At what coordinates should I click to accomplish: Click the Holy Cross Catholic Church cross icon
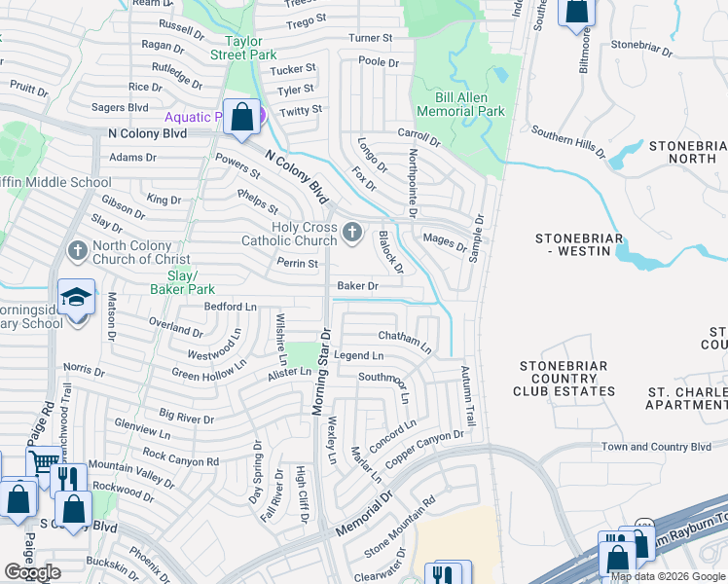click(352, 233)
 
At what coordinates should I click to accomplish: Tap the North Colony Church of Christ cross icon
click(77, 251)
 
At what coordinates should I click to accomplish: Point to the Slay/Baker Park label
click(183, 282)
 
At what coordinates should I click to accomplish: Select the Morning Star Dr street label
click(322, 371)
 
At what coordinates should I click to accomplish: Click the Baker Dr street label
click(356, 286)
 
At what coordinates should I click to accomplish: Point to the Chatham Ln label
click(405, 339)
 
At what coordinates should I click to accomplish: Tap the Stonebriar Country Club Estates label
click(566, 379)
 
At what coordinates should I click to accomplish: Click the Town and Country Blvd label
click(656, 447)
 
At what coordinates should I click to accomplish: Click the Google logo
click(33, 572)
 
